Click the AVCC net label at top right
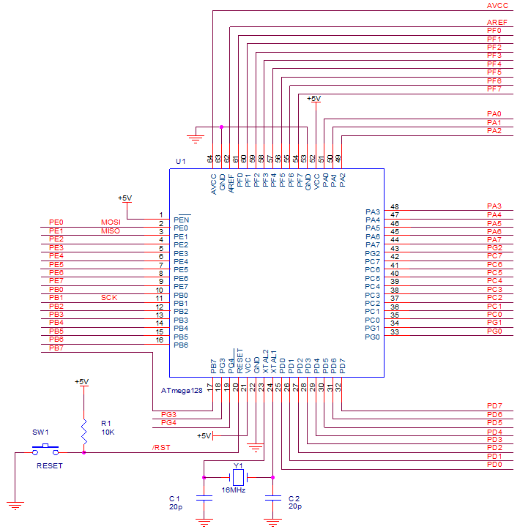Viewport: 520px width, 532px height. pyautogui.click(x=497, y=5)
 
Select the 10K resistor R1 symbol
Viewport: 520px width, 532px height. pyautogui.click(x=84, y=428)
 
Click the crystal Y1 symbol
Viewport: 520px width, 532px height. pyautogui.click(x=237, y=477)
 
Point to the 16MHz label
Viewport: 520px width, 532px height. pyautogui.click(x=233, y=490)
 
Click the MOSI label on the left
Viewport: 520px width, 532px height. pyautogui.click(x=111, y=222)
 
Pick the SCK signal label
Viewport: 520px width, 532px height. pyautogui.click(x=109, y=298)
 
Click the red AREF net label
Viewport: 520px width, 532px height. pyautogui.click(x=497, y=23)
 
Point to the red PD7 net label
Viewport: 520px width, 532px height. pyautogui.click(x=494, y=405)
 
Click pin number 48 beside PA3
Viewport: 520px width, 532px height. pyautogui.click(x=395, y=207)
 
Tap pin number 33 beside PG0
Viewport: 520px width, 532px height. pyautogui.click(x=395, y=331)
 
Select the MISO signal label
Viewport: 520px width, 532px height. pyautogui.click(x=111, y=231)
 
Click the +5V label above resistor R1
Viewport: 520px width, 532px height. pyautogui.click(x=81, y=382)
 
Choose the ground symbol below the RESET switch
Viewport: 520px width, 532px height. pyautogui.click(x=15, y=505)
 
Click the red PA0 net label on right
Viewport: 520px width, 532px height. pyautogui.click(x=494, y=114)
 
